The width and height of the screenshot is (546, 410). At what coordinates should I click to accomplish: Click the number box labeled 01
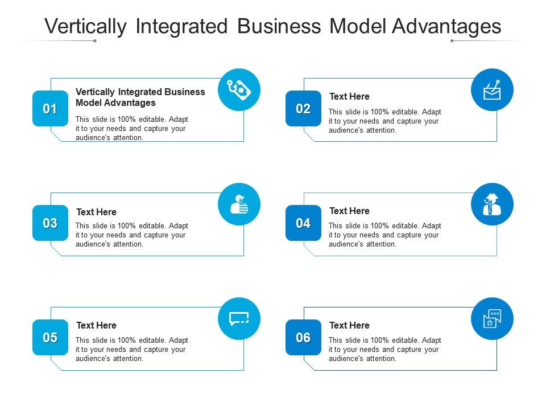point(50,108)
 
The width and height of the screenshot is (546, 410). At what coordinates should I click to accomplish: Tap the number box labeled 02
point(303,108)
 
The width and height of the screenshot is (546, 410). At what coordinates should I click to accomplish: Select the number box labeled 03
point(50,223)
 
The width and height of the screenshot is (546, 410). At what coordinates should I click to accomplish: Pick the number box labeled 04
point(303,223)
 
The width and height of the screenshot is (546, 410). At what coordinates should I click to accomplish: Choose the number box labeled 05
point(50,338)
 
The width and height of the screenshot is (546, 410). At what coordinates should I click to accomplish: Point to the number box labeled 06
point(303,338)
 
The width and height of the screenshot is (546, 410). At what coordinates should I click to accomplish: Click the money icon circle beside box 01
point(239,89)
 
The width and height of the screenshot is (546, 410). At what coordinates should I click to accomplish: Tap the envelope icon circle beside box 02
point(492,89)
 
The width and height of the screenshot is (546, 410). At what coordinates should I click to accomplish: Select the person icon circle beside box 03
point(239,204)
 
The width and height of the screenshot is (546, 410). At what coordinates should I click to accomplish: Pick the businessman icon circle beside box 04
point(492,204)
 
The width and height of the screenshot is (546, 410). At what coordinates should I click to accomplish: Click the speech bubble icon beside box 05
point(239,319)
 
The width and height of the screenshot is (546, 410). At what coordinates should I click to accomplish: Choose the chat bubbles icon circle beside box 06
point(492,319)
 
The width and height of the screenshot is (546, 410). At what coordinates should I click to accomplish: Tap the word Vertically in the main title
point(86,26)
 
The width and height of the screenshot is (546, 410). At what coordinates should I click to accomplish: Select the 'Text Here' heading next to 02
point(349,96)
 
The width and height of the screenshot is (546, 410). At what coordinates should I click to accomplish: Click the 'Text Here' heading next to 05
point(96,325)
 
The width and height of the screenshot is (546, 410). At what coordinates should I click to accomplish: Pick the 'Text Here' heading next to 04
point(349,211)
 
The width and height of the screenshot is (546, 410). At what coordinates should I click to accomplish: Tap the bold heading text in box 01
point(140,97)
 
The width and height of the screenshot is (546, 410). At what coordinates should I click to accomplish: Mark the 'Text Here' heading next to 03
point(96,212)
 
